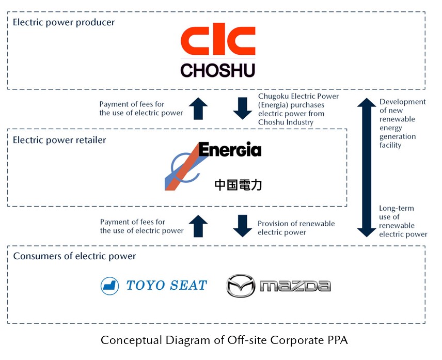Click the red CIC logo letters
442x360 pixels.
pos(218,42)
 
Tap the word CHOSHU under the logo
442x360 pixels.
pos(218,70)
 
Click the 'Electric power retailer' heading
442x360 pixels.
pos(59,140)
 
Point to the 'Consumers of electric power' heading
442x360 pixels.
pos(74,256)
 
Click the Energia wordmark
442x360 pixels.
pos(230,150)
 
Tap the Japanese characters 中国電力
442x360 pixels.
pos(238,184)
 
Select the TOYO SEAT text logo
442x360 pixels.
pos(166,285)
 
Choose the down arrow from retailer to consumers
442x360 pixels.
pos(242,226)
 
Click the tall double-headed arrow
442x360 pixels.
pos(366,167)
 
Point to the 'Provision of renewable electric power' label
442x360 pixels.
pos(296,228)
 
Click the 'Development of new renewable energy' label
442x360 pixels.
pos(402,123)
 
